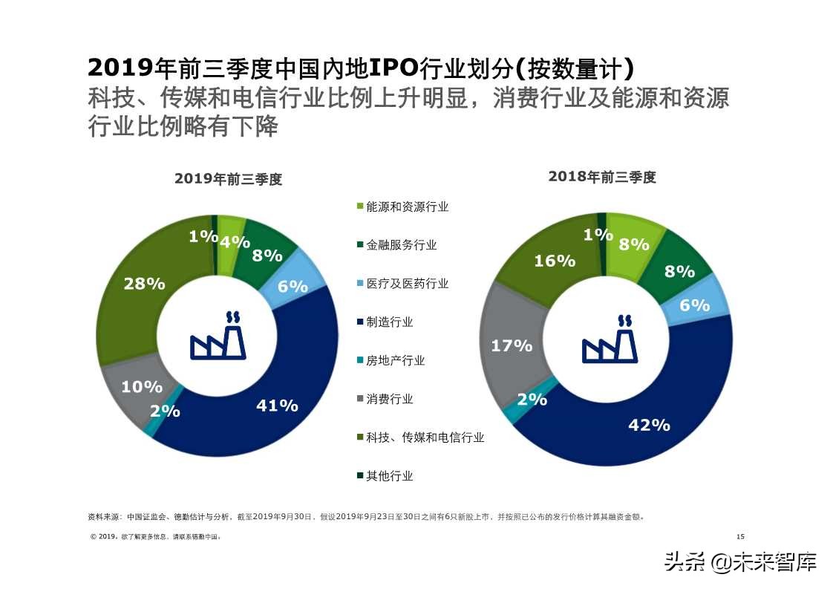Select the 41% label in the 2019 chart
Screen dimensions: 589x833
277,406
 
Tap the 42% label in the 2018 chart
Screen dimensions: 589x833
649,425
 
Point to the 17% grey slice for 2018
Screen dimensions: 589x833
512,345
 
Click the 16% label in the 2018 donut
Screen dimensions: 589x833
555,261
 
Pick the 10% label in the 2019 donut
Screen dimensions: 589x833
142,387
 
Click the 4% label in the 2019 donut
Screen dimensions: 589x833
235,241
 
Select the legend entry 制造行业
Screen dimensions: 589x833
389,322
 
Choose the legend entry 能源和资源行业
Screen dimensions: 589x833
407,206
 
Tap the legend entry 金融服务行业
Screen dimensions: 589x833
401,245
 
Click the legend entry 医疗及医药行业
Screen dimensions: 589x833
407,284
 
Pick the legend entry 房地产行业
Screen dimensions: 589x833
395,360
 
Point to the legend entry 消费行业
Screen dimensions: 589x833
389,399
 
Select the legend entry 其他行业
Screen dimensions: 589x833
389,476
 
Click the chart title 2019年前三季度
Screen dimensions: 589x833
229,179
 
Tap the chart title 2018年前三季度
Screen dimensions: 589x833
602,177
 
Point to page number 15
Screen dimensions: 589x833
739,537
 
